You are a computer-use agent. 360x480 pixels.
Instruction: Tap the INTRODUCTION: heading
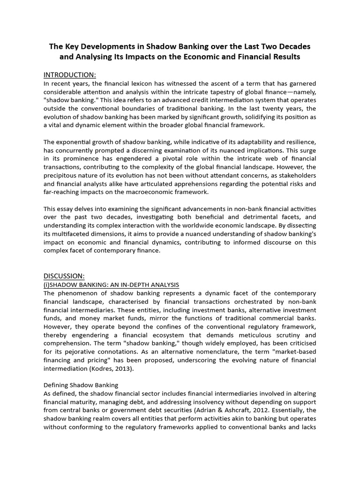[x=69, y=75]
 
